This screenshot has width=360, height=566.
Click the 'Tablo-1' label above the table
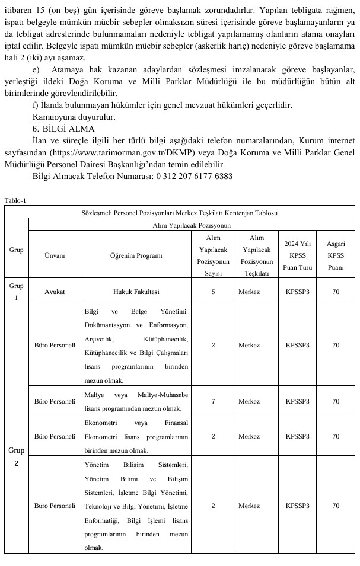click(15, 200)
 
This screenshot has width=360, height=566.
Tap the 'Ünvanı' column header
click(55, 255)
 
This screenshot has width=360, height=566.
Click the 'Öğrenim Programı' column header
click(136, 255)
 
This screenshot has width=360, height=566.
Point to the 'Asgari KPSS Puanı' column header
click(336, 255)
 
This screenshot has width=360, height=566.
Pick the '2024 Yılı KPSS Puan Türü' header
click(297, 255)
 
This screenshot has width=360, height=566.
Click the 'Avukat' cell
click(55, 292)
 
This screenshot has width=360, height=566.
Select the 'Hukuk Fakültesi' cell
click(136, 292)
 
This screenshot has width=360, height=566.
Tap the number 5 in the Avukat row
click(213, 292)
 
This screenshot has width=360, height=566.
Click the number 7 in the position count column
click(213, 401)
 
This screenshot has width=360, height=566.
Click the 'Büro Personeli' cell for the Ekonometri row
click(55, 436)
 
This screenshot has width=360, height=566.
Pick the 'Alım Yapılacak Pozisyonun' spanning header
click(191, 225)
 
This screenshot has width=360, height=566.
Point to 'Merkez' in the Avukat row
click(249, 292)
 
